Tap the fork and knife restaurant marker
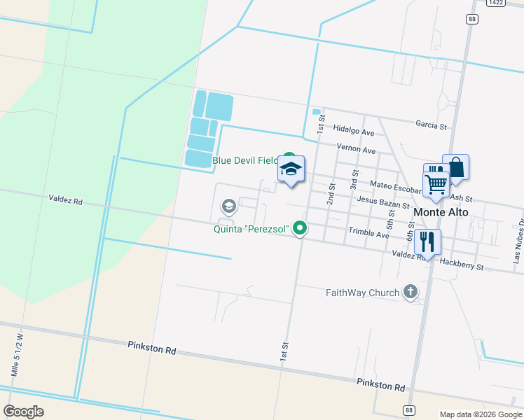click(x=427, y=242)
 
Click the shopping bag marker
click(x=455, y=168)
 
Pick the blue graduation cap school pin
click(x=291, y=169)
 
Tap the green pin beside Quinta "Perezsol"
click(x=301, y=227)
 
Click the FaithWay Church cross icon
click(x=411, y=293)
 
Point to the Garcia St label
click(x=431, y=126)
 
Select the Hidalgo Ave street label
click(x=354, y=131)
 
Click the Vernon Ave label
click(x=356, y=150)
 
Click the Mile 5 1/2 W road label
click(x=18, y=355)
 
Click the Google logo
click(x=23, y=411)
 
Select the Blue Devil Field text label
click(x=245, y=161)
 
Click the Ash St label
click(x=464, y=199)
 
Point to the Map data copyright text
click(x=480, y=414)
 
